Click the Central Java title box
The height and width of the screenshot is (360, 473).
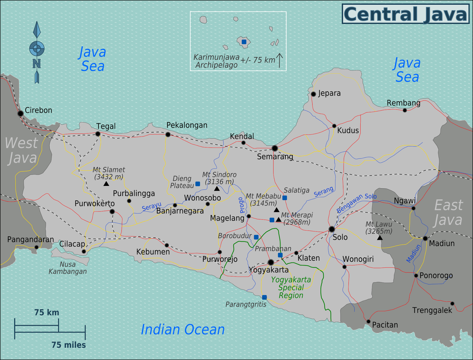pyautogui.click(x=405, y=14)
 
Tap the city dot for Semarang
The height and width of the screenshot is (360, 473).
pyautogui.click(x=275, y=148)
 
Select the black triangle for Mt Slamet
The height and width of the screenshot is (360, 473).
pyautogui.click(x=106, y=184)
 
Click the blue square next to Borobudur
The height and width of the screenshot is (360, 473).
pyautogui.click(x=256, y=237)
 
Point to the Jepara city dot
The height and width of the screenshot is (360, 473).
pyautogui.click(x=313, y=94)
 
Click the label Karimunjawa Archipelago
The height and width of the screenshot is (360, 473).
pyautogui.click(x=216, y=61)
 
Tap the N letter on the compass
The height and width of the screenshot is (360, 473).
pyautogui.click(x=37, y=64)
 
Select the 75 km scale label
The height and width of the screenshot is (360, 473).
pyautogui.click(x=46, y=312)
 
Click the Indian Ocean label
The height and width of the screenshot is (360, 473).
pyautogui.click(x=183, y=330)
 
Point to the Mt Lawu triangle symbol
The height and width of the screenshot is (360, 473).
pyautogui.click(x=380, y=238)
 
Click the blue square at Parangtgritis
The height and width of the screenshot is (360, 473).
pyautogui.click(x=264, y=297)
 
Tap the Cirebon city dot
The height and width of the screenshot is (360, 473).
pyautogui.click(x=20, y=113)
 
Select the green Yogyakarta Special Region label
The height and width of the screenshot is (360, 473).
pyautogui.click(x=291, y=288)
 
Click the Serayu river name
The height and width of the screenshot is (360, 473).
pyautogui.click(x=152, y=206)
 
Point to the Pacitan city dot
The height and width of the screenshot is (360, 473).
pyautogui.click(x=368, y=322)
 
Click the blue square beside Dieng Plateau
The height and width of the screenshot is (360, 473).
pyautogui.click(x=198, y=184)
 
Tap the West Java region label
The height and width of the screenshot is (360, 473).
pyautogui.click(x=21, y=150)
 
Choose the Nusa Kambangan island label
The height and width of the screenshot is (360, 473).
pyautogui.click(x=68, y=268)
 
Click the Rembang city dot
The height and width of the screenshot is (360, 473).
pyautogui.click(x=405, y=110)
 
